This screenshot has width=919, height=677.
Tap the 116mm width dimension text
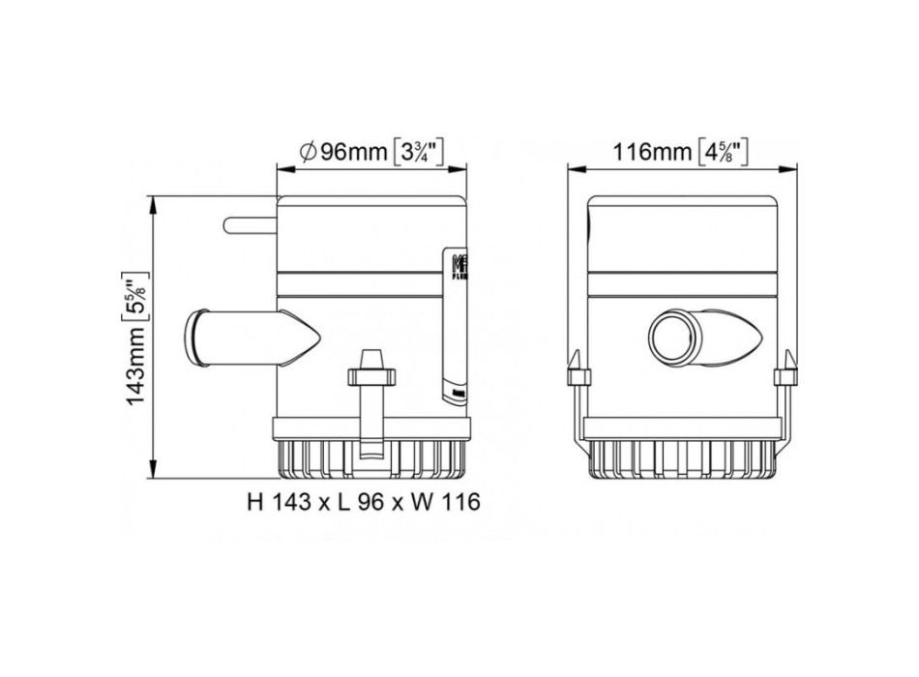click(652, 152)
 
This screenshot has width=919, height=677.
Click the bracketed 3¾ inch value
click(418, 152)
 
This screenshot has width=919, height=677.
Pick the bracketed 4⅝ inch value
click(725, 152)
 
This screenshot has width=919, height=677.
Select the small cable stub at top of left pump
click(250, 225)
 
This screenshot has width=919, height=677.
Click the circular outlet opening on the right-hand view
click(669, 339)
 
